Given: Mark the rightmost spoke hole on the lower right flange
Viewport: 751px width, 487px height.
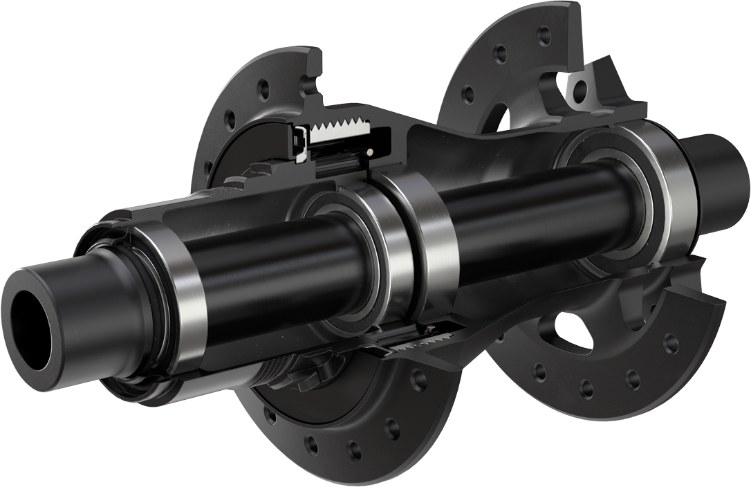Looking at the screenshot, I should pyautogui.click(x=668, y=341).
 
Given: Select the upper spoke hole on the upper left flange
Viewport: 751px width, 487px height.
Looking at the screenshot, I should pyautogui.click(x=261, y=89).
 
